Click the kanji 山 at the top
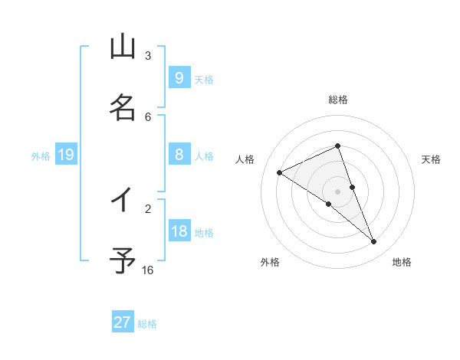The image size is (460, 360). (x=123, y=47)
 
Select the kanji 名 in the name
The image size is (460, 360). (x=123, y=108)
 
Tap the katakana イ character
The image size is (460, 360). (x=123, y=200)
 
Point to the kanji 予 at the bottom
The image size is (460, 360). (x=123, y=261)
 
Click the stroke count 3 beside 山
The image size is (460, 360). (x=148, y=56)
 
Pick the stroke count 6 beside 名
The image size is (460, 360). (x=148, y=116)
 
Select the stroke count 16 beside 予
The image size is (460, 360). (x=148, y=270)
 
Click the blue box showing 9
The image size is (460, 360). (x=179, y=78)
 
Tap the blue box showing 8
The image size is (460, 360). (x=179, y=155)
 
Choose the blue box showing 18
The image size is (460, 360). (x=179, y=231)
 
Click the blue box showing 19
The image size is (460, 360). (x=66, y=155)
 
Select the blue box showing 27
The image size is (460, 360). (x=123, y=322)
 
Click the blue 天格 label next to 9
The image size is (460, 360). (x=204, y=79)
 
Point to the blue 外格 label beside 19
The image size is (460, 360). (x=41, y=155)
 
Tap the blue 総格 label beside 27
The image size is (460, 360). (x=147, y=323)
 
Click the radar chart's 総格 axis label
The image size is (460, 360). (x=338, y=100)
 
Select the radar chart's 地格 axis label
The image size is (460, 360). (x=402, y=262)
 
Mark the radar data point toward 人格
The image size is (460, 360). (x=279, y=172)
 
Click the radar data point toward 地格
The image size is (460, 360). (x=374, y=242)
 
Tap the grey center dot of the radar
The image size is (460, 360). (x=337, y=191)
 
